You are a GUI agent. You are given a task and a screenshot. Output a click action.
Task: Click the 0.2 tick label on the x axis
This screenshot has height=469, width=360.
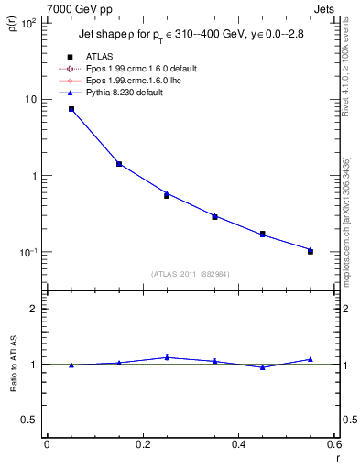[x=142, y=445]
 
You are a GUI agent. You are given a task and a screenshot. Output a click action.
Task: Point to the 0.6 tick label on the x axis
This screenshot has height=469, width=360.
[x=333, y=445]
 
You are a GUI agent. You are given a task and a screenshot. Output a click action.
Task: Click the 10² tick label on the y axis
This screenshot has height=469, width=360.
[x=27, y=23]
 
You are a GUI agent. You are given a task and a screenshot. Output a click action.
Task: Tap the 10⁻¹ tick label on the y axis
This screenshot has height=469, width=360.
[x=27, y=252]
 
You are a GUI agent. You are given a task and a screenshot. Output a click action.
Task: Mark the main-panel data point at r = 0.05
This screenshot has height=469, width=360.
[x=71, y=109]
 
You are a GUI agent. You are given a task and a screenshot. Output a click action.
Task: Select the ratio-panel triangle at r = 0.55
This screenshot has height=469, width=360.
[x=311, y=359]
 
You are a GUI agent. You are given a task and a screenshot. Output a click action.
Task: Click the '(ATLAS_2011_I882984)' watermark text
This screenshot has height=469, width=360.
[x=191, y=274]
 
